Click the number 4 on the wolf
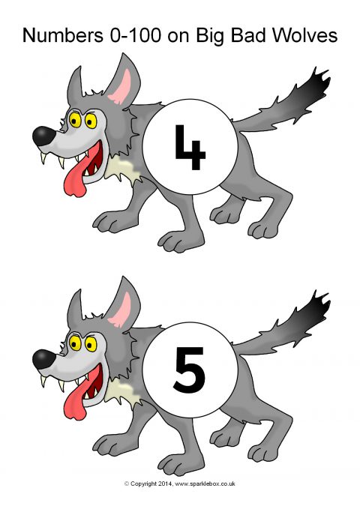click(190, 147)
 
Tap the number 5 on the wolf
click(189, 370)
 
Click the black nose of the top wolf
click(43, 136)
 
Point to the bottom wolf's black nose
click(43, 359)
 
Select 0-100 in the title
click(136, 35)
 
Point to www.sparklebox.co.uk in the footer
click(205, 484)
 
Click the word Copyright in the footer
click(143, 484)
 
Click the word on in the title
click(178, 36)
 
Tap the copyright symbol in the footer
click(127, 484)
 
